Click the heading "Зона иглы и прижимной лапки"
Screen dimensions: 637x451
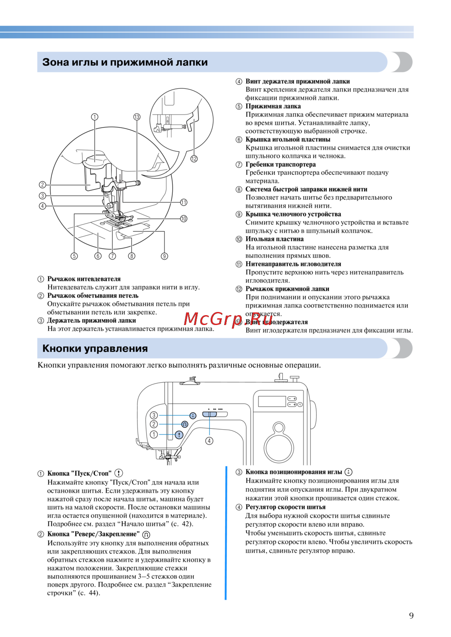point(125,62)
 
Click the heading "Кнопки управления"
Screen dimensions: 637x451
point(95,348)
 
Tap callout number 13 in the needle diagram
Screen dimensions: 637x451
point(137,117)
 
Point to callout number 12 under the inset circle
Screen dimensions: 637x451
point(194,159)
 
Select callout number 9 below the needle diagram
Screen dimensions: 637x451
point(165,256)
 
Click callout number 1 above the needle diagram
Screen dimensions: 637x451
point(95,117)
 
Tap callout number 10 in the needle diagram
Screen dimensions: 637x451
point(184,219)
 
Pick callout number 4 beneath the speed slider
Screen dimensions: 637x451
point(209,441)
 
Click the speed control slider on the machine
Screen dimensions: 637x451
point(210,414)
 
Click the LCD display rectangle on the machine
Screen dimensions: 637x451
point(272,401)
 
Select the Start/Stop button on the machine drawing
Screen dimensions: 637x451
point(179,435)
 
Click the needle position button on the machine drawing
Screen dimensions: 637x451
point(193,415)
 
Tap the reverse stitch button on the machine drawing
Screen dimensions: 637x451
point(184,424)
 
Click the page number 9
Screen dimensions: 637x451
point(411,615)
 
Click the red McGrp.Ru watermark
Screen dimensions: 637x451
point(228,319)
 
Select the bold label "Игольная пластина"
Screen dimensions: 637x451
point(274,239)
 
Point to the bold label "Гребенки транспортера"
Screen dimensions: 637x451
point(281,165)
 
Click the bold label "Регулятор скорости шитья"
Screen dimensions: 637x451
point(285,507)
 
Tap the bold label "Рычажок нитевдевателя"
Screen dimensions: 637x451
point(84,279)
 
